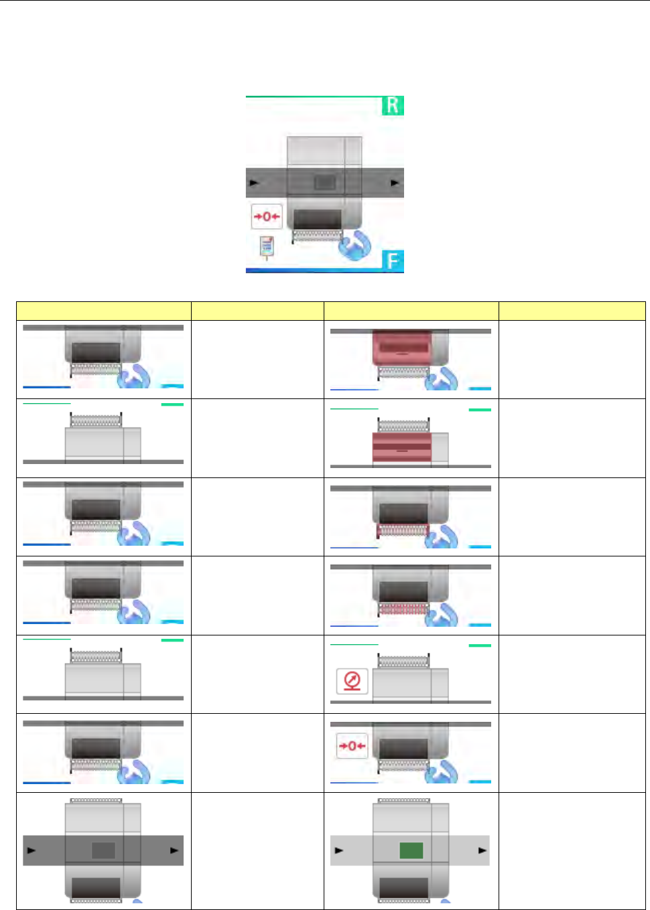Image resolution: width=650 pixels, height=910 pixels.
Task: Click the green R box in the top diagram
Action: tap(393, 106)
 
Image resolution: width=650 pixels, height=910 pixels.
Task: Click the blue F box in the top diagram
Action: tap(393, 260)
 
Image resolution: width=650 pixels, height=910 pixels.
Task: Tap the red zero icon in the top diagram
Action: tap(267, 216)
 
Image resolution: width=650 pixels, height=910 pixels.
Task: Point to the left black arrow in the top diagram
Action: tap(254, 182)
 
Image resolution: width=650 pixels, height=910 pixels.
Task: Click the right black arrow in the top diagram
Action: tap(395, 182)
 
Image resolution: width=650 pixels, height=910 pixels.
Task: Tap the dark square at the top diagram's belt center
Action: tap(325, 182)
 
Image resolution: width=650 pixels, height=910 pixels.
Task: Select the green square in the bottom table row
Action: tap(411, 850)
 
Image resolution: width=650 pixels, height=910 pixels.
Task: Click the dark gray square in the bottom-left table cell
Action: tap(103, 850)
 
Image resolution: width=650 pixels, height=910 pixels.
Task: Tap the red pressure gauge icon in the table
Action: tap(352, 681)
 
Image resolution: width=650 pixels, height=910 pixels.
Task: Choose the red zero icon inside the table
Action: tap(352, 746)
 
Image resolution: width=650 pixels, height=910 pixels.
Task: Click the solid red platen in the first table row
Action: tap(401, 346)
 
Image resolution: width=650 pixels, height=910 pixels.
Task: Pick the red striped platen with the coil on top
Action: tap(401, 447)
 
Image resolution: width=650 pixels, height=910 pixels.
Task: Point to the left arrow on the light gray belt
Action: tap(339, 850)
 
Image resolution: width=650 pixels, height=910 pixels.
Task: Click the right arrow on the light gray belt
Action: tap(482, 850)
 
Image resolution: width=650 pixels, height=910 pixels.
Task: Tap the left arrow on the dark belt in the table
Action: tap(31, 850)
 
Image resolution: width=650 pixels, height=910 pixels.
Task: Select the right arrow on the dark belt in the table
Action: tap(175, 850)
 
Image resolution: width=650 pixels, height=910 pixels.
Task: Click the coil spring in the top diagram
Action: tap(318, 234)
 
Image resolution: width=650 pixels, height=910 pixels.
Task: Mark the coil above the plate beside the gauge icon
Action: tap(403, 662)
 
